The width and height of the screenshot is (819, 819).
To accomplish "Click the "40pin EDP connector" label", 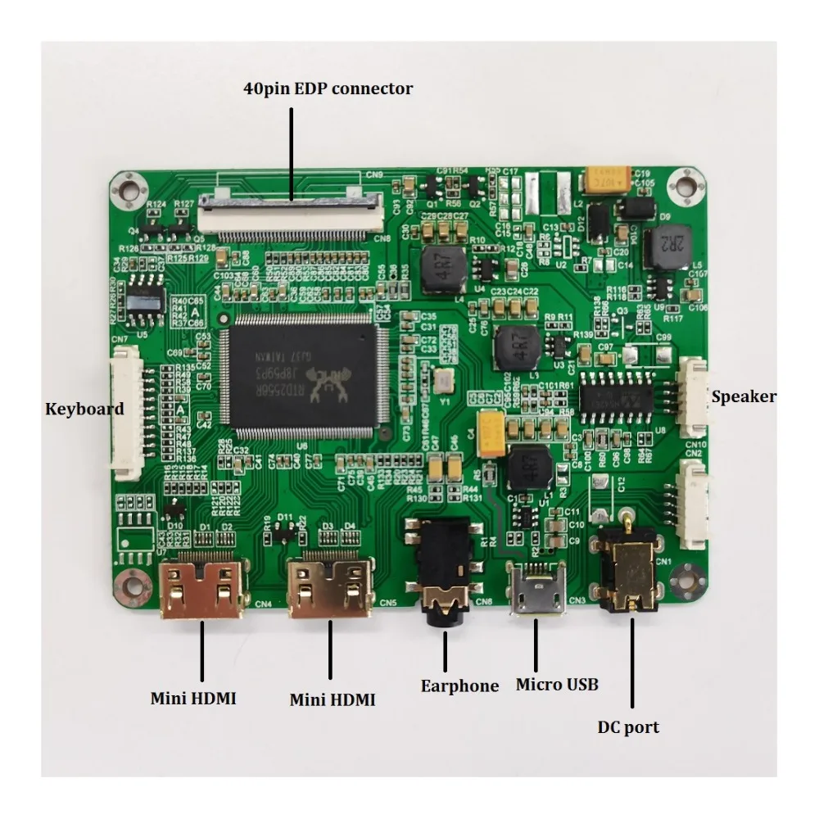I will point(328,88).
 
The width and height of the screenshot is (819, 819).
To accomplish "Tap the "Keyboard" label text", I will point(84,408).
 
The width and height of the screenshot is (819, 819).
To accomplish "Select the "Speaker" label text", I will point(744,397).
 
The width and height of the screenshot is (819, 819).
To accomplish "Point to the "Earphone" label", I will point(459,686).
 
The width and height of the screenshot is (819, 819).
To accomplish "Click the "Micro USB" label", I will point(557,684).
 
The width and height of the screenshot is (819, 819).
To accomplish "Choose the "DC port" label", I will point(629,726).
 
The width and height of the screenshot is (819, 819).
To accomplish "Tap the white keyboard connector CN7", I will point(128,411).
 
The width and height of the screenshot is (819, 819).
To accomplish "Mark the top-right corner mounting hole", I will point(680,185).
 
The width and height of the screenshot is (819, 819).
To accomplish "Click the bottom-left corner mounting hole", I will point(129,584).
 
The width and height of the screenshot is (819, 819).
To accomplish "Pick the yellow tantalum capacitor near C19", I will point(608,179).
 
